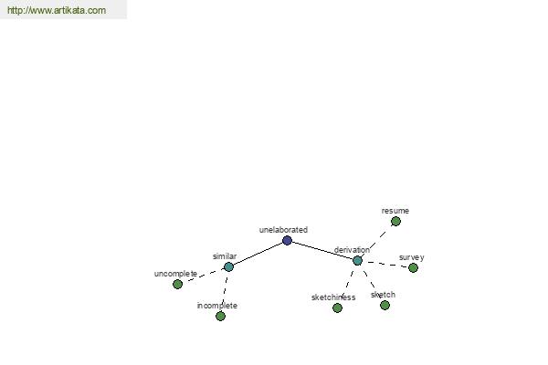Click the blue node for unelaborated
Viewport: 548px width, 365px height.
[x=287, y=240]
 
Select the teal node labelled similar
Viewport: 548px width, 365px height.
[x=228, y=266]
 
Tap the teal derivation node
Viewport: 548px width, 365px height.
[x=357, y=261]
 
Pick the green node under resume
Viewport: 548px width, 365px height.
[x=395, y=221]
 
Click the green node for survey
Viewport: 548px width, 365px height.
[x=413, y=268]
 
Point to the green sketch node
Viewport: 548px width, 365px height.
[x=385, y=306]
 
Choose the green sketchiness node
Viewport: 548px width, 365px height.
[x=337, y=308]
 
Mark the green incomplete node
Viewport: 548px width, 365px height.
[x=220, y=316]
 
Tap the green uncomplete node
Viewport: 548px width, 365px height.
[x=177, y=285]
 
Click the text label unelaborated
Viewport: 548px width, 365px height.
[x=283, y=230]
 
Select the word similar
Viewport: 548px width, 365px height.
[x=225, y=256]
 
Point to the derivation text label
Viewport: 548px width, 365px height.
[x=352, y=250]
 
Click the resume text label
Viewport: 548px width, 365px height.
[x=395, y=211]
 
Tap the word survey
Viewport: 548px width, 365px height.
[x=412, y=257]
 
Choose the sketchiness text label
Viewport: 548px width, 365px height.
[x=333, y=297]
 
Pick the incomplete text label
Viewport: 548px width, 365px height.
[x=217, y=306]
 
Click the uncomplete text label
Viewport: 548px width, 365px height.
[x=175, y=274]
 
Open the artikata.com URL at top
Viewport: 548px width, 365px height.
[x=57, y=10]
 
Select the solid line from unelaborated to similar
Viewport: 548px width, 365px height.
[x=258, y=254]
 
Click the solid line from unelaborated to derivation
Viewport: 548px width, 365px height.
[x=322, y=250]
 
